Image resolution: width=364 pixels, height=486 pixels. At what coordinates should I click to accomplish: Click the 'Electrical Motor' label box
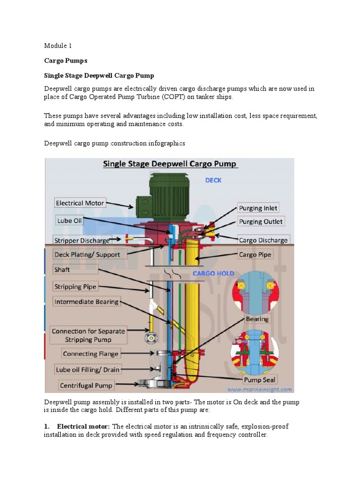[x=80, y=203]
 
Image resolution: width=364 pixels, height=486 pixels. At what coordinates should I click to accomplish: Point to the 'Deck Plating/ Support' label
[x=87, y=255]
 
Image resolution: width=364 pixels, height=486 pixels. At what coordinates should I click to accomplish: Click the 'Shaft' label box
[x=62, y=270]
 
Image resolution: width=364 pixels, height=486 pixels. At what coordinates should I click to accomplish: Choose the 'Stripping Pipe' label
[x=75, y=287]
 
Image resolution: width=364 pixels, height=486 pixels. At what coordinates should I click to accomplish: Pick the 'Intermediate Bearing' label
[x=86, y=302]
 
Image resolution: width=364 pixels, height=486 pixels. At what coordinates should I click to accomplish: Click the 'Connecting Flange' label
[x=91, y=354]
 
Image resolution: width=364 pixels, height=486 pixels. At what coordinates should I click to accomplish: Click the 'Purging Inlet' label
[x=258, y=208]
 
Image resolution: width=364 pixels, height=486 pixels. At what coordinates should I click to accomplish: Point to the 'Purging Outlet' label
[x=260, y=222]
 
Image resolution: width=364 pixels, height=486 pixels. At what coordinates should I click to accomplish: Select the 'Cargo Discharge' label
[x=263, y=240]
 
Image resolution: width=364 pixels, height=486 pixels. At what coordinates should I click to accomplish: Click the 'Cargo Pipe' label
[x=255, y=255]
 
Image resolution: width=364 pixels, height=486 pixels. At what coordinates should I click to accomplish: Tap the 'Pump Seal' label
[x=259, y=380]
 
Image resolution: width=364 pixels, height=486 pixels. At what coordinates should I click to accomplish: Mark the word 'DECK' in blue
[x=213, y=180]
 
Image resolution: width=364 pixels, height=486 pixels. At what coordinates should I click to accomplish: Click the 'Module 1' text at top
[x=57, y=46]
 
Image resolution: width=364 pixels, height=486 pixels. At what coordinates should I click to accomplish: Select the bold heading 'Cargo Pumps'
[x=66, y=61]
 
